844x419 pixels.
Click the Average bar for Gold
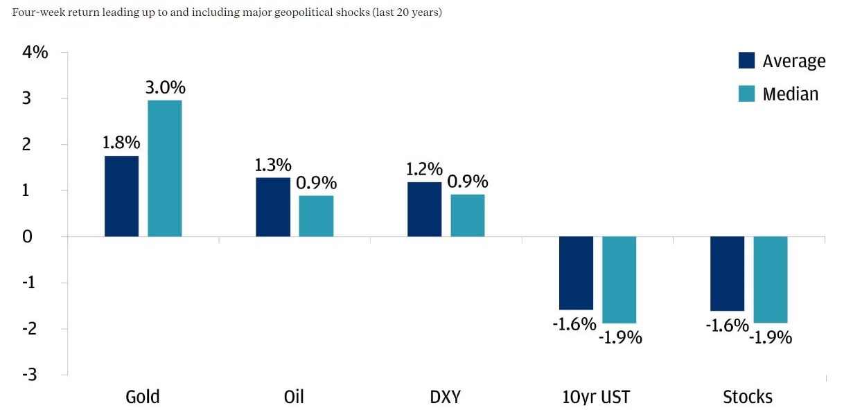(x=121, y=196)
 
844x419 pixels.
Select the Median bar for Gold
(x=164, y=168)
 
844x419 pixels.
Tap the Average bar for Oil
(x=272, y=207)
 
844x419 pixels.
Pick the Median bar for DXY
(x=467, y=215)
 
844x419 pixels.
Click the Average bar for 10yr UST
(x=576, y=273)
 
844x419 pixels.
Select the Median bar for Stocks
(x=770, y=280)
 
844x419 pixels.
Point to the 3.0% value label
(x=165, y=88)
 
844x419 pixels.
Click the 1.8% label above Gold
(x=121, y=143)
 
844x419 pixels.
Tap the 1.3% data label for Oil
(x=272, y=165)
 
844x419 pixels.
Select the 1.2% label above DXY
(x=424, y=169)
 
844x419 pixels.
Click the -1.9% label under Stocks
(x=771, y=337)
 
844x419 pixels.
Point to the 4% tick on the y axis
(x=35, y=52)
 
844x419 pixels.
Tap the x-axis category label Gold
(x=143, y=397)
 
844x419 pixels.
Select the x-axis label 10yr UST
(x=597, y=397)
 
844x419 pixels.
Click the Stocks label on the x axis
(x=747, y=397)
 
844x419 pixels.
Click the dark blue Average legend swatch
(x=746, y=61)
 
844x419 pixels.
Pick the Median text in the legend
(x=790, y=93)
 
